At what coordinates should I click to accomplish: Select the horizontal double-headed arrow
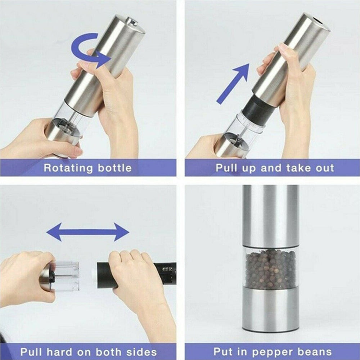(x=88, y=232)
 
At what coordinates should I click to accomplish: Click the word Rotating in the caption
(x=68, y=168)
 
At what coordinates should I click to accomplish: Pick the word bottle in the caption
(x=115, y=168)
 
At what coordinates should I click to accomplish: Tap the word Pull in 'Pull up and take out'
(x=226, y=168)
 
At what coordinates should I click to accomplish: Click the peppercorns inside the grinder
(x=270, y=269)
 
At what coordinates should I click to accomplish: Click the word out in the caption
(x=325, y=168)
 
